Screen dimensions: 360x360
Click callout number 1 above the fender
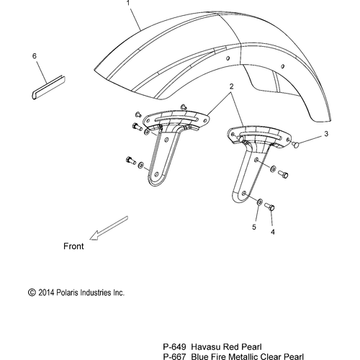coord(128,3)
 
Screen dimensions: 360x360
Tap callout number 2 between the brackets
coord(232,86)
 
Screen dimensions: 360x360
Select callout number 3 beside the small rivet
coord(326,134)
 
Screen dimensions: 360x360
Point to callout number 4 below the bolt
coord(273,232)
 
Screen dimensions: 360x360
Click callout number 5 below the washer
coord(254,227)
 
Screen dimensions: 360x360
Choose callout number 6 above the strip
coord(35,56)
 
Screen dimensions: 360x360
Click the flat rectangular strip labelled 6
coord(48,87)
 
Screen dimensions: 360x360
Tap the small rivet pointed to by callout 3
coord(296,145)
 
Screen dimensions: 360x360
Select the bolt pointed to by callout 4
coord(269,207)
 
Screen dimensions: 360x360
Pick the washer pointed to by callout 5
coord(260,202)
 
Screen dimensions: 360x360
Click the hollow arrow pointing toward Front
coord(109,228)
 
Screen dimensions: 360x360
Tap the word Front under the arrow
coord(73,246)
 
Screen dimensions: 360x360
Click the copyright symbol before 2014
coord(32,292)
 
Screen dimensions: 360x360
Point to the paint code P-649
coord(174,347)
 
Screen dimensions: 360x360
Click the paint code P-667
coord(174,356)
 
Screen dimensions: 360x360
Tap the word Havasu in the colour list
coord(206,347)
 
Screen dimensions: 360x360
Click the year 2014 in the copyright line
coord(47,292)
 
